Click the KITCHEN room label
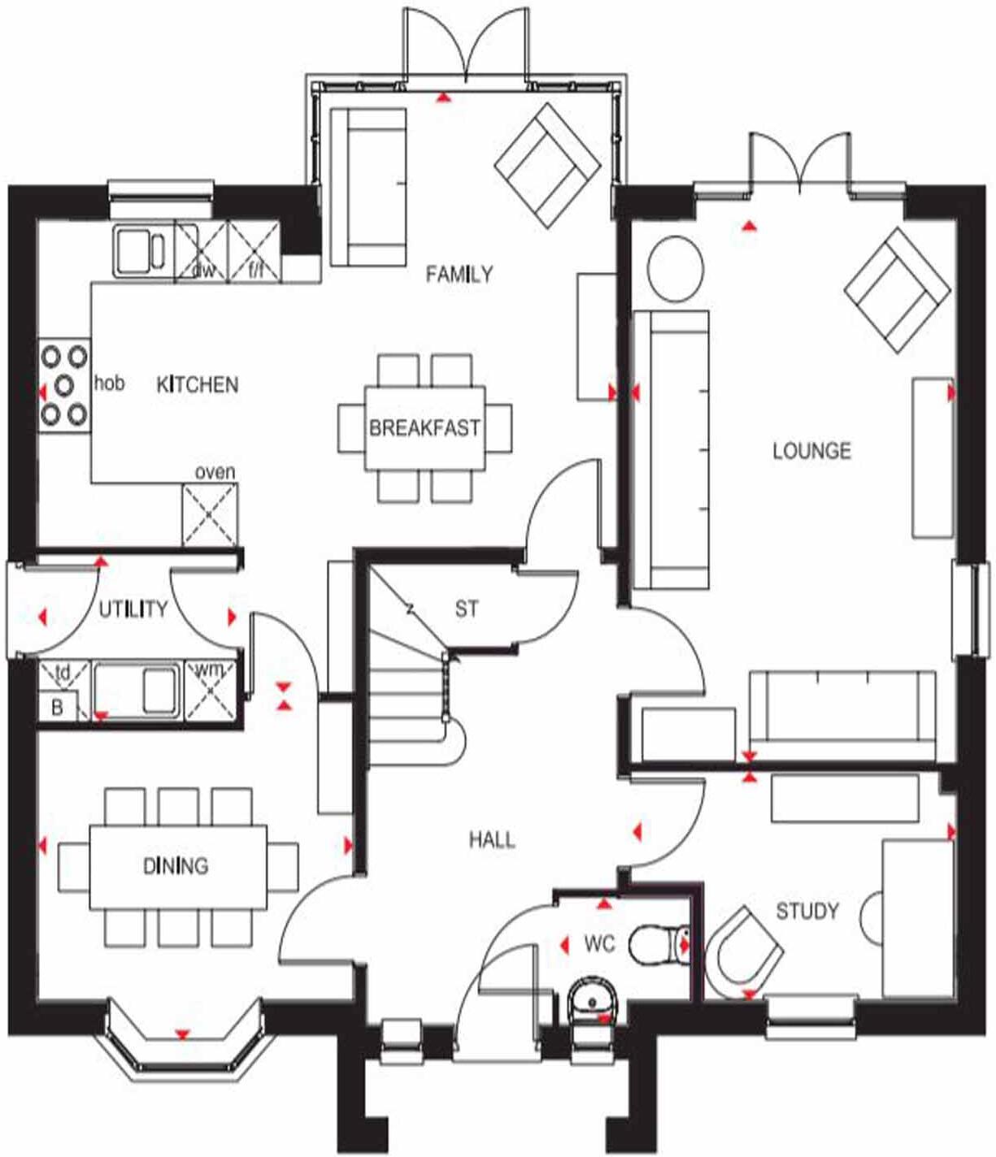[197, 384]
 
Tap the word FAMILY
[459, 275]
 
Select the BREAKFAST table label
[424, 428]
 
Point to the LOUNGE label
[811, 451]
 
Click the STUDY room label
[807, 912]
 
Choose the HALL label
[492, 839]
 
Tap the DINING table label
[176, 866]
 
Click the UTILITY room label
[133, 609]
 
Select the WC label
[599, 944]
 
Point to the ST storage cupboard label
[467, 609]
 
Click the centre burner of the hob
[64, 385]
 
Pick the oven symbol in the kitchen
[210, 514]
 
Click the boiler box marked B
[58, 706]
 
